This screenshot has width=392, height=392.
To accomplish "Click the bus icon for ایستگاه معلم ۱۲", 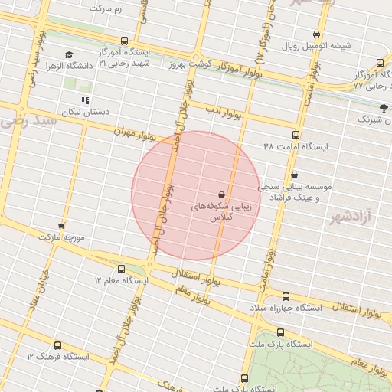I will (122, 269).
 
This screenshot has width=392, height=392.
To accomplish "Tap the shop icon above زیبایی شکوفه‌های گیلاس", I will (221, 194).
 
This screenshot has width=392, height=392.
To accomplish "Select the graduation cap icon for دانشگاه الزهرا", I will (70, 55).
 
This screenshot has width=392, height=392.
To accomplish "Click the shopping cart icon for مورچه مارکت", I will (61, 227).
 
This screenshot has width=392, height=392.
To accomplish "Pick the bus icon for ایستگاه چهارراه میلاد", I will (286, 296).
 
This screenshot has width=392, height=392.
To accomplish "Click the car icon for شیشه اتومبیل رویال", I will (317, 34).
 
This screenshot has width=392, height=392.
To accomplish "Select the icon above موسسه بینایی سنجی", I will (295, 174).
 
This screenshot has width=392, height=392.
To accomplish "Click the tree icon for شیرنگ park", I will (384, 108).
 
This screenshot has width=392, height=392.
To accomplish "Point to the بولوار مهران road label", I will (136, 132).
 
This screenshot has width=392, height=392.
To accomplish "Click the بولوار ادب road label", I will (223, 112).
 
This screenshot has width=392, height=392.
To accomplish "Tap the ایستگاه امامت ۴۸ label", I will (294, 145).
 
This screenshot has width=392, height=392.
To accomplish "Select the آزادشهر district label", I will (351, 217).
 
